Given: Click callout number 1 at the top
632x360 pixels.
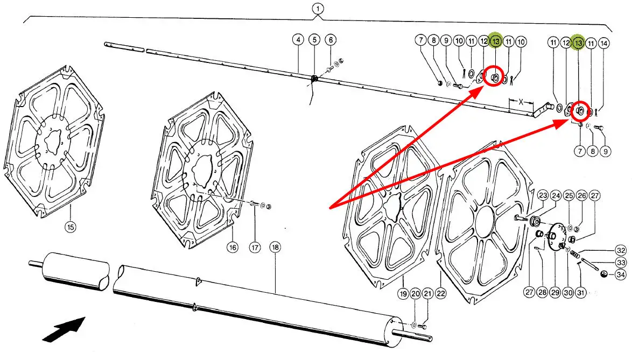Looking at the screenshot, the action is pos(318,9).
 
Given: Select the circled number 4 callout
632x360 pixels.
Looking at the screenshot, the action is pos(298,39).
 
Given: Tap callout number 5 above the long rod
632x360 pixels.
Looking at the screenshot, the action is pos(314,39).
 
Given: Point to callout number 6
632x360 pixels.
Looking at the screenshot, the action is pos(331,39).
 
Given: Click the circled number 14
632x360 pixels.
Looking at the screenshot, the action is pos(603,43).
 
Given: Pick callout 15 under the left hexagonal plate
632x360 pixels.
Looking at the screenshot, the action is pos(71,227).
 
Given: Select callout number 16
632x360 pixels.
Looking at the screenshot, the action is pos(233,247).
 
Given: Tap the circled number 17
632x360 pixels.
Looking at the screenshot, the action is pos(255,247).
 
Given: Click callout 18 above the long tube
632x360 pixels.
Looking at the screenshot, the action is pos(275,247).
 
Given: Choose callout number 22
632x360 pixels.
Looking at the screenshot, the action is pos(440,294).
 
